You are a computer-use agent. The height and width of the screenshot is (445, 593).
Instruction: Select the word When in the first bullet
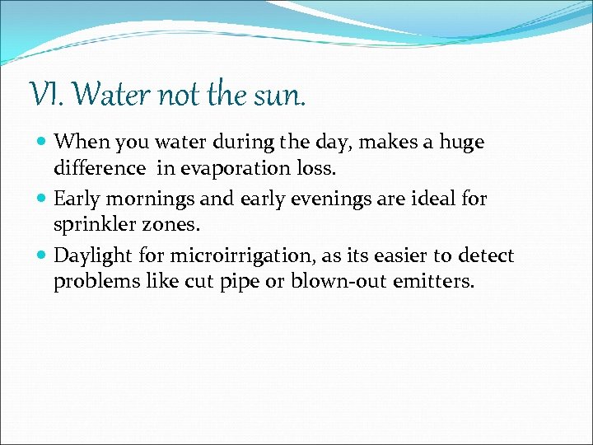[79, 143]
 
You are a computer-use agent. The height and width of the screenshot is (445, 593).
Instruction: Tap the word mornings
[144, 199]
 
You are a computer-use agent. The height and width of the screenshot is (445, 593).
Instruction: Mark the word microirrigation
[217, 256]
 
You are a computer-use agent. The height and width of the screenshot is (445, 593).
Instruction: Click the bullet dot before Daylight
[43, 255]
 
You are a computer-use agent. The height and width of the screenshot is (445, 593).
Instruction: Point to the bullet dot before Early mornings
[43, 198]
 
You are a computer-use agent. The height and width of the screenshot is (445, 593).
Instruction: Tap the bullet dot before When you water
[43, 142]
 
